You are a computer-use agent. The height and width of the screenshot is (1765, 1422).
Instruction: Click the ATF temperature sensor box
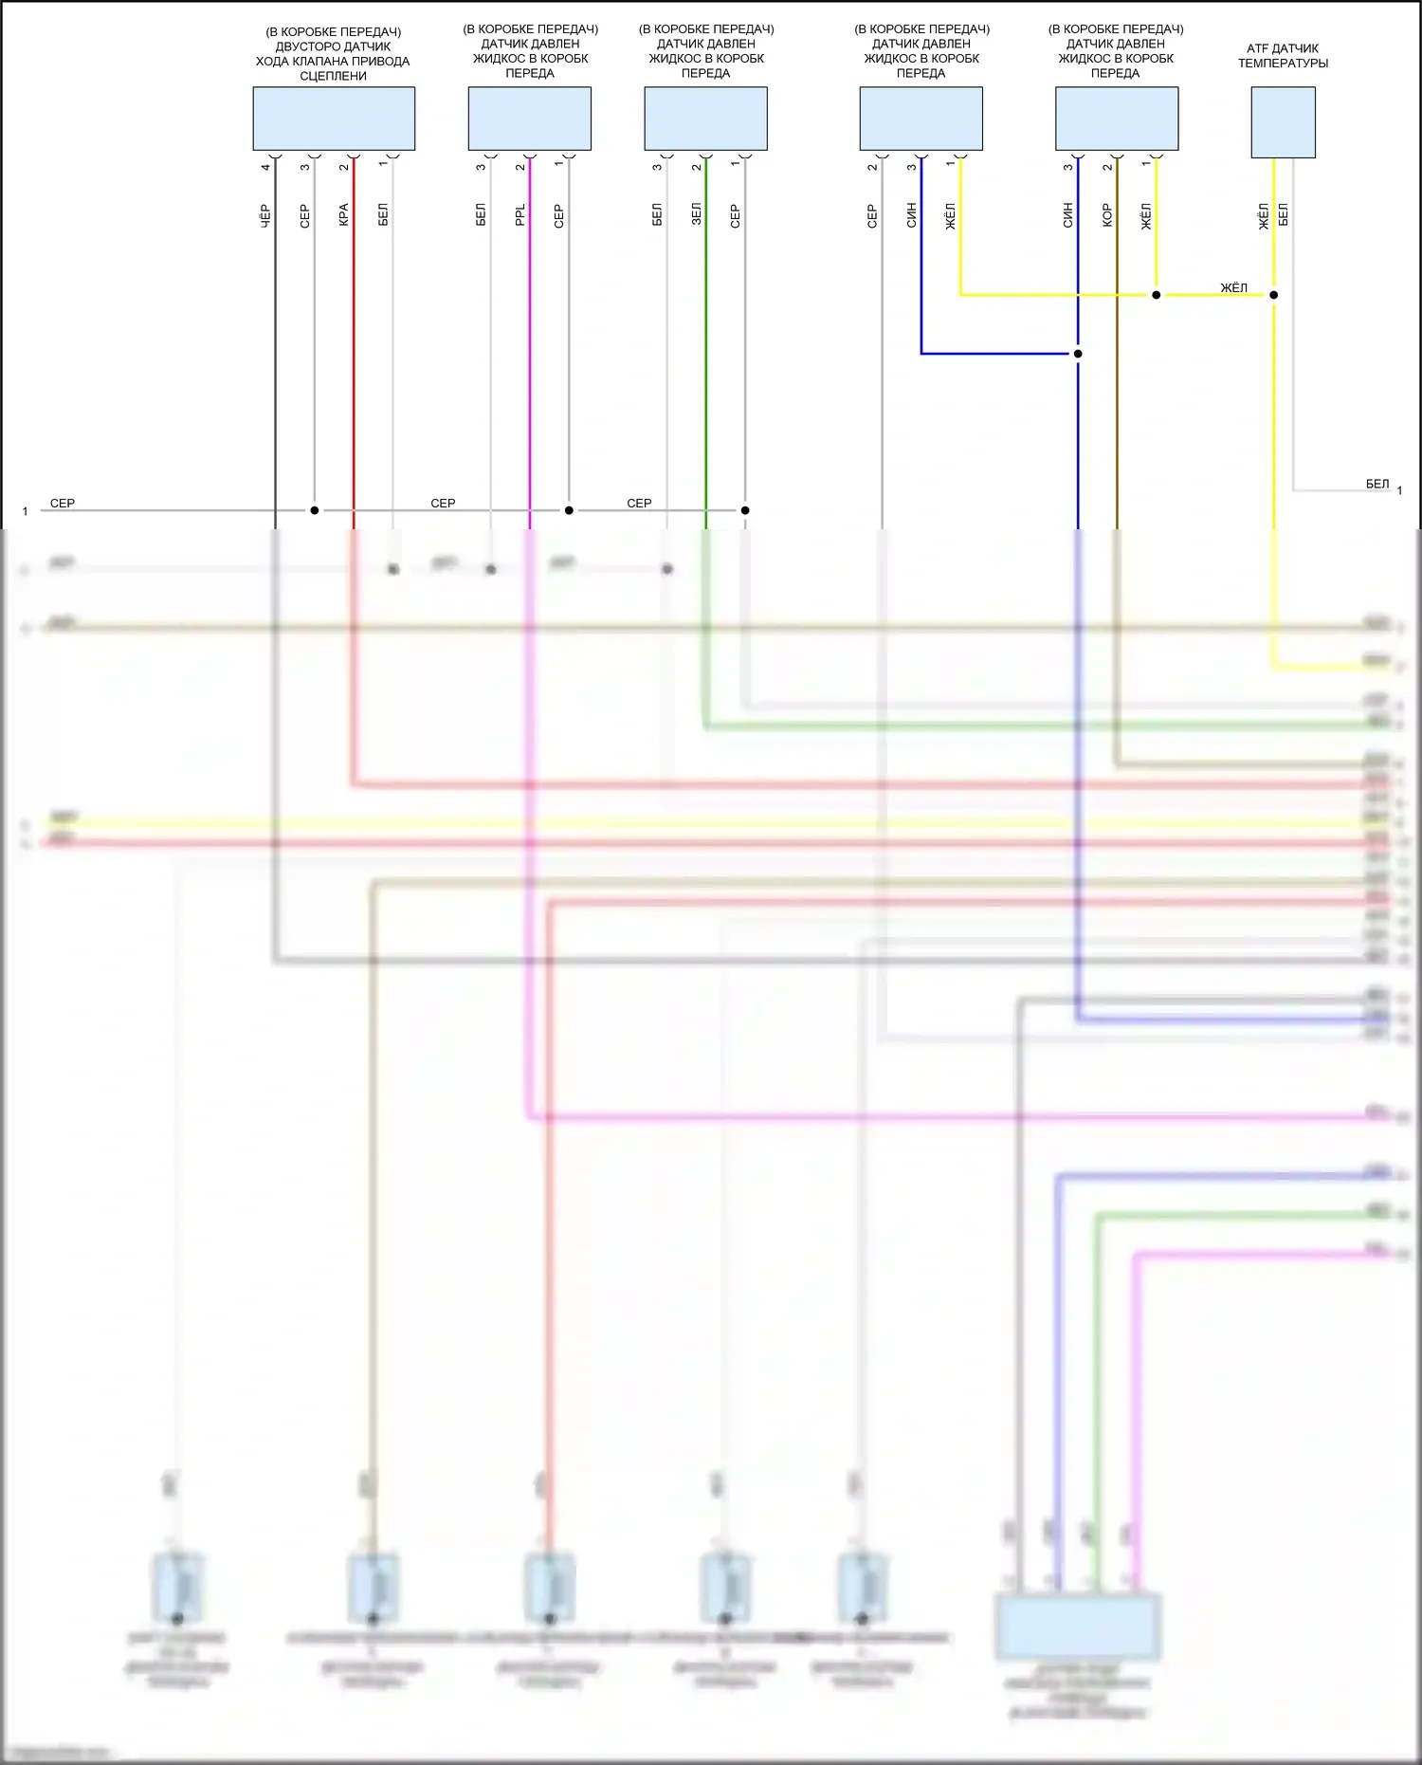(x=1283, y=121)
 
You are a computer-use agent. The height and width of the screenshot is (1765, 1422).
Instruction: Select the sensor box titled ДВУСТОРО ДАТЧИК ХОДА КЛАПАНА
(x=334, y=119)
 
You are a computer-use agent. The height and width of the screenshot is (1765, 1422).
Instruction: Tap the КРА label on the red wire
(x=344, y=215)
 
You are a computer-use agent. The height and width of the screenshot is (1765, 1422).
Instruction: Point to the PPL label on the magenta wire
(x=520, y=215)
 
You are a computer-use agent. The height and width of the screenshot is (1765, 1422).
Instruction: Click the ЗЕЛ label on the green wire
(x=696, y=214)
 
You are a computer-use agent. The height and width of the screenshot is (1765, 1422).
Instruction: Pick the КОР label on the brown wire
(x=1107, y=215)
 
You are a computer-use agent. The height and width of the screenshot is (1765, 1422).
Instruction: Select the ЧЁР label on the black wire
(x=265, y=215)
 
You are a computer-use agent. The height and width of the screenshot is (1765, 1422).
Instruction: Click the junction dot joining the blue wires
(x=1078, y=354)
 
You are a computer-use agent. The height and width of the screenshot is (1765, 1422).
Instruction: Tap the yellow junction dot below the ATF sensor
(x=1273, y=295)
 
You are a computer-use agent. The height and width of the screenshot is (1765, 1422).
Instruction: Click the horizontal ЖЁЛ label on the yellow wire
(x=1233, y=287)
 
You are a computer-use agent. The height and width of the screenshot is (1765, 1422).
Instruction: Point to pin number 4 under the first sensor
(x=265, y=168)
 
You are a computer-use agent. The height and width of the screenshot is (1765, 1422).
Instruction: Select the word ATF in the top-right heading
(x=1257, y=48)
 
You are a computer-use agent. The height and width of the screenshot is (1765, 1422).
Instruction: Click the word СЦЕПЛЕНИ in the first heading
(x=334, y=76)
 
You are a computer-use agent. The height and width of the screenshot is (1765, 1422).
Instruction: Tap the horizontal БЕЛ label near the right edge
(x=1377, y=484)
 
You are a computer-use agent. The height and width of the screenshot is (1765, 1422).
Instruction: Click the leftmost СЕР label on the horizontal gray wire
(x=63, y=503)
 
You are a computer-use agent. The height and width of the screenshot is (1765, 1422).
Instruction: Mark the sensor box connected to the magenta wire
(x=530, y=119)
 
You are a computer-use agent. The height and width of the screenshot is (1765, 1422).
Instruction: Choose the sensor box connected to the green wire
(x=706, y=119)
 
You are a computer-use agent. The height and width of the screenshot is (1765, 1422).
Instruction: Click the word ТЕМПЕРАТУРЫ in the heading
(x=1283, y=64)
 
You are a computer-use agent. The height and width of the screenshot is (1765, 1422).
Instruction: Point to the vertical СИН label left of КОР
(x=1067, y=215)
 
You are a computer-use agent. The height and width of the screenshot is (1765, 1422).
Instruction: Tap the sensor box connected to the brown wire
(x=1117, y=119)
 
